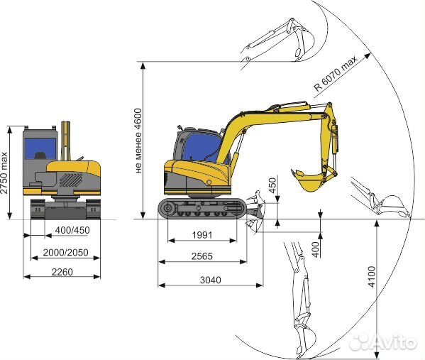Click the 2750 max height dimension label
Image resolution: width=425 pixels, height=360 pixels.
click(4, 173)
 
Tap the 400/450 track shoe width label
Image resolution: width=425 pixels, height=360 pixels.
click(72, 230)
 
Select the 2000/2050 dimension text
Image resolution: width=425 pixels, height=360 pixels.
click(65, 253)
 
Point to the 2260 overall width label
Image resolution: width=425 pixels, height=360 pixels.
click(62, 272)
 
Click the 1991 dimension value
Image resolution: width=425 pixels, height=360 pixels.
click(202, 235)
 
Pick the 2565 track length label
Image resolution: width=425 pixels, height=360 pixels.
click(202, 256)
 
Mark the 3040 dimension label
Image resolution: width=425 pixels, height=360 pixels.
click(210, 280)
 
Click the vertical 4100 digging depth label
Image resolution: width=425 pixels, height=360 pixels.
click(372, 276)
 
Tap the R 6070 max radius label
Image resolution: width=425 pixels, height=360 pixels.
click(336, 73)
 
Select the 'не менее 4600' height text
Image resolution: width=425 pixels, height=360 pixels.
click(138, 141)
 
